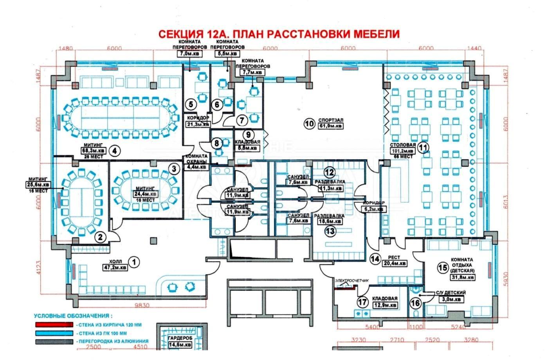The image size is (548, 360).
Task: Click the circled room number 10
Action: (x=309, y=124)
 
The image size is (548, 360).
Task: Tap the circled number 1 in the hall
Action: (x=134, y=261)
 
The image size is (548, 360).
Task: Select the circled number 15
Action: (x=443, y=268)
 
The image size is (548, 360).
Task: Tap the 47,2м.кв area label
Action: (x=115, y=268)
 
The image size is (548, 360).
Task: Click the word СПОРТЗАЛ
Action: (x=331, y=120)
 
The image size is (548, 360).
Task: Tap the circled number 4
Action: (x=114, y=151)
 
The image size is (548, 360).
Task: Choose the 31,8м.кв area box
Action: (x=463, y=277)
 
